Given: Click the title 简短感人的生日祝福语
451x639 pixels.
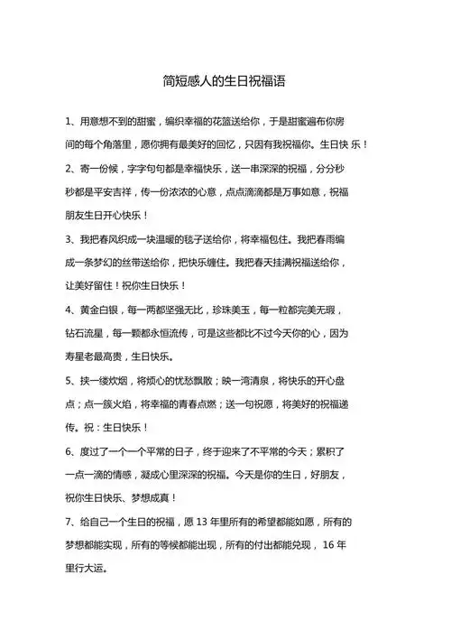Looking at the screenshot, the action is click(225, 80).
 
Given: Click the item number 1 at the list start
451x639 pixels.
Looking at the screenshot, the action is click(69, 120).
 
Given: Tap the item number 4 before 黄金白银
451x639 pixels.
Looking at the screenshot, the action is click(69, 310).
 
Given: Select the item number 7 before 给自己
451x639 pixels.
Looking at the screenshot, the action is click(69, 521).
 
